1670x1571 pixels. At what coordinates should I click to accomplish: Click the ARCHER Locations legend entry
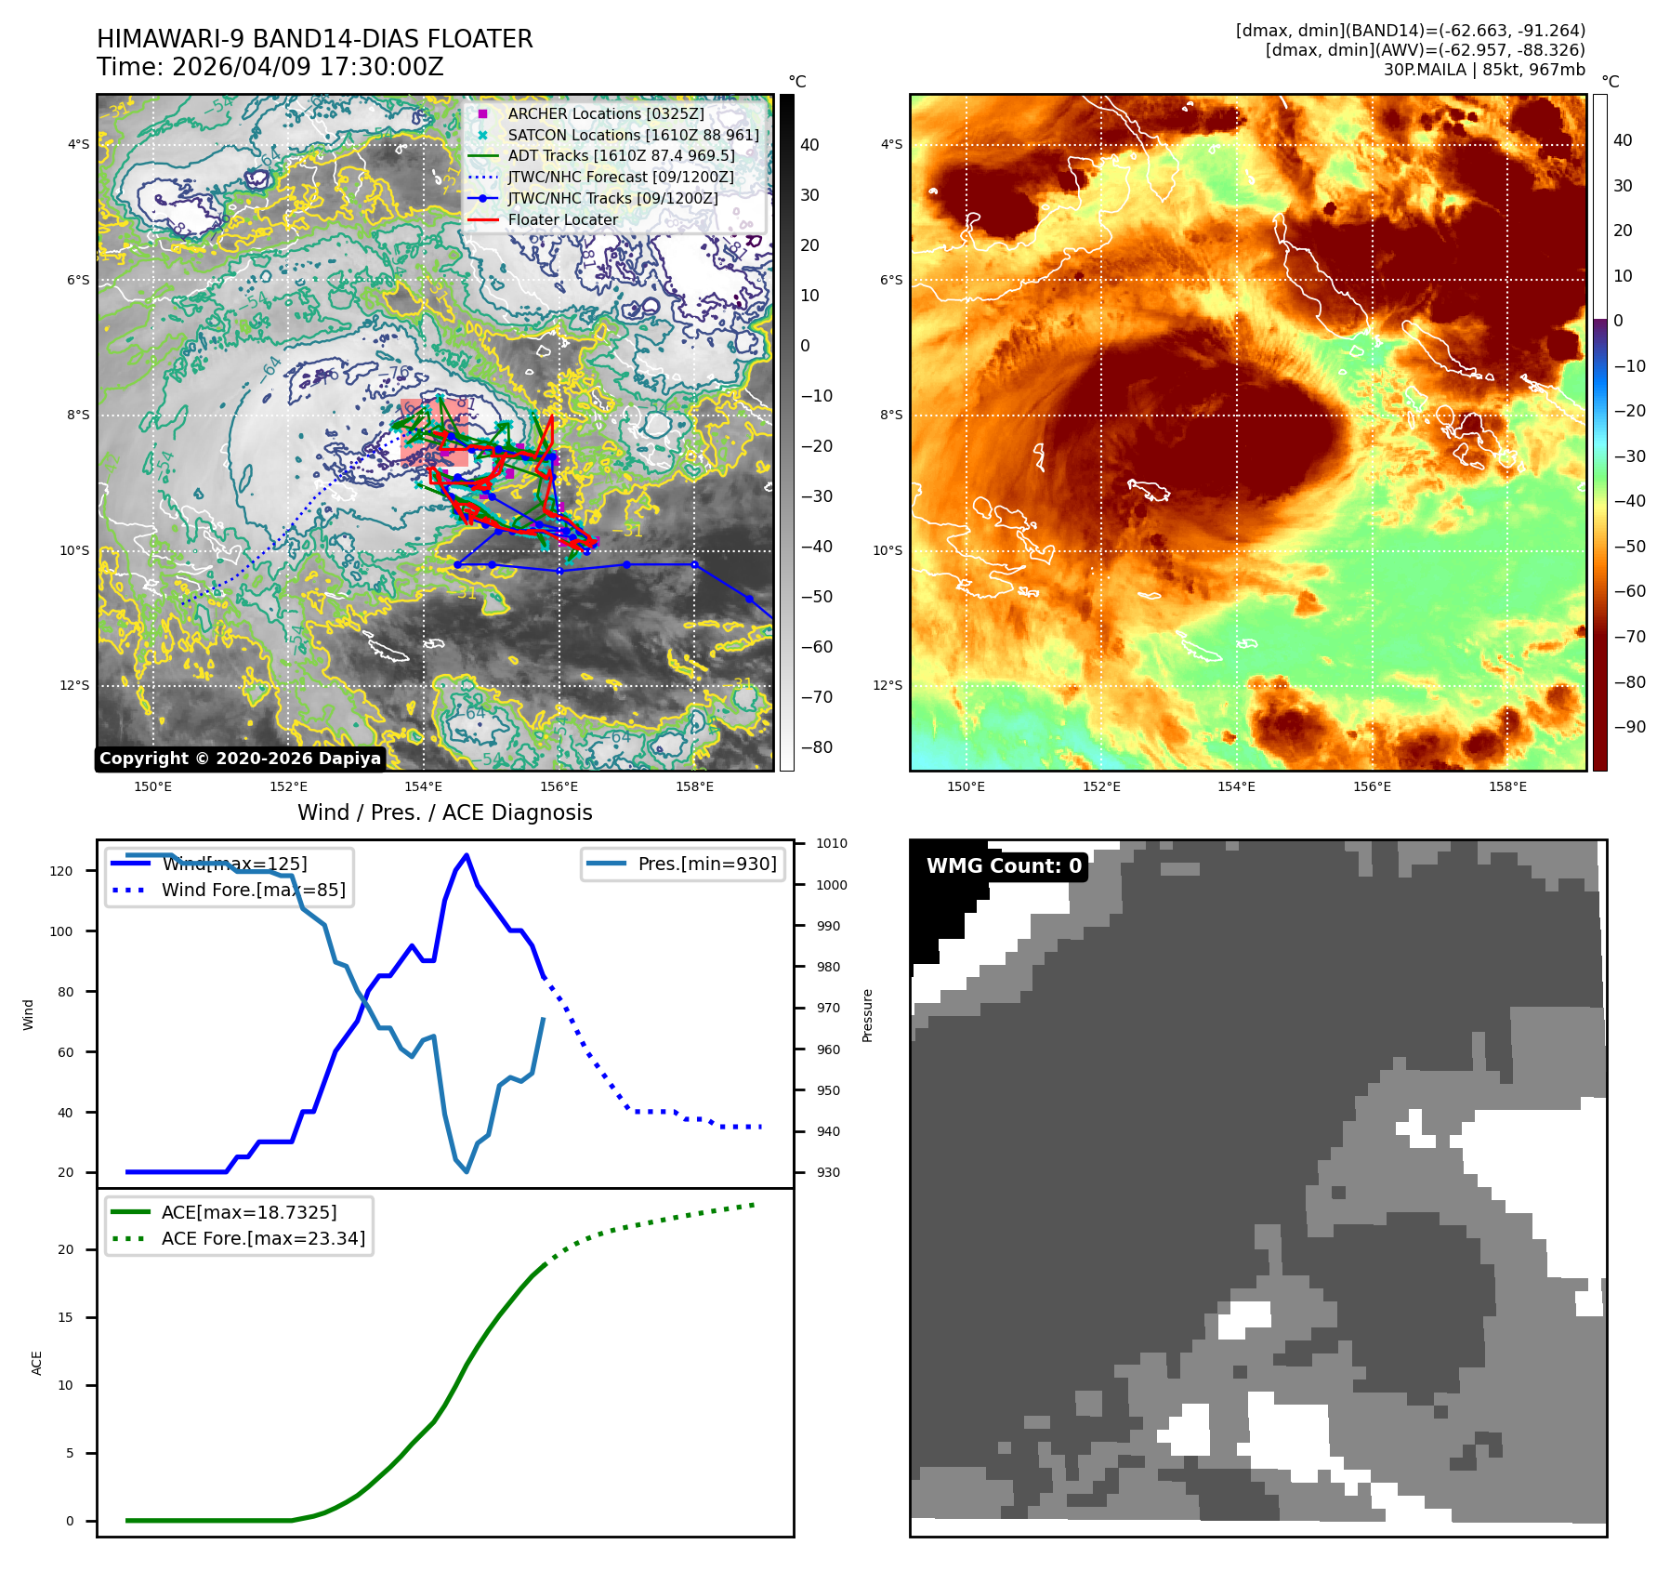coord(605,113)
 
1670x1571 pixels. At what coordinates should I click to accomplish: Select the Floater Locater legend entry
coord(562,219)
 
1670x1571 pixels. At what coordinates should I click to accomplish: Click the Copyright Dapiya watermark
coord(240,759)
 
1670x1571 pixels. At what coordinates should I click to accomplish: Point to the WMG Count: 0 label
coord(1004,866)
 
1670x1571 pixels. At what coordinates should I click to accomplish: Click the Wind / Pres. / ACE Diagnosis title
coord(444,812)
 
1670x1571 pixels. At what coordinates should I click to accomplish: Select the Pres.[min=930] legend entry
coord(706,864)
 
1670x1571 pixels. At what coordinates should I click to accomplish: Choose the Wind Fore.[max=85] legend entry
coord(253,890)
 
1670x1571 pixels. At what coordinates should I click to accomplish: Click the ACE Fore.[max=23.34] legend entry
coord(263,1238)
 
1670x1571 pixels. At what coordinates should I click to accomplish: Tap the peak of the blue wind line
coord(467,855)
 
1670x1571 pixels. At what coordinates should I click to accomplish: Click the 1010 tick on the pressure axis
coord(832,844)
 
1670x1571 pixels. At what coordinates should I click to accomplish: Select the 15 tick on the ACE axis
coord(65,1317)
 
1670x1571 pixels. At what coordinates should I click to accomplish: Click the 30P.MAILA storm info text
coord(1483,70)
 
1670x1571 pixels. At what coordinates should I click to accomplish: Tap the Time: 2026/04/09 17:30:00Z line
coord(270,67)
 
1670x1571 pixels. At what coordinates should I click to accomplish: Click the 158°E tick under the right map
coord(1507,786)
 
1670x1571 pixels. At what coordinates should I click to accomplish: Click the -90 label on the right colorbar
coord(1629,727)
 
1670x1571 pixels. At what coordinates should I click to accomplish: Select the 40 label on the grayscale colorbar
coord(809,145)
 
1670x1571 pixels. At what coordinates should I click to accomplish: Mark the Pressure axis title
coord(867,1015)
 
